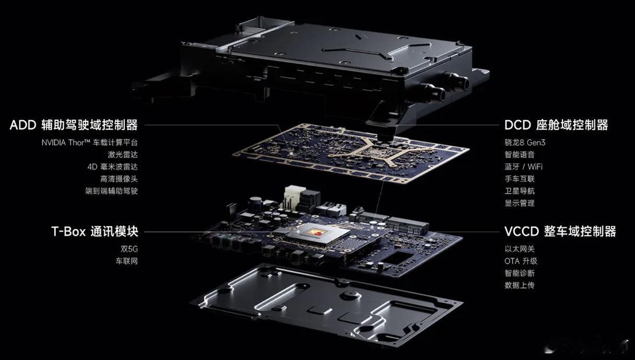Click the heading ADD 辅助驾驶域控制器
point(74,125)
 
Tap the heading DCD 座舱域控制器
point(556,125)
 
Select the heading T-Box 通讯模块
point(95,231)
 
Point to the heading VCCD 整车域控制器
point(560,231)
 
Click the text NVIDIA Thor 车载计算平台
point(90,143)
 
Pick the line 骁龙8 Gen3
point(525,143)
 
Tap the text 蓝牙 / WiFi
point(523,167)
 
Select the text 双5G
point(130,249)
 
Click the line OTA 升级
point(521,261)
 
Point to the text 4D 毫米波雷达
point(113,167)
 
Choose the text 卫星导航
point(520,191)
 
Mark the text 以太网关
point(520,249)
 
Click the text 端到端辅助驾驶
point(112,191)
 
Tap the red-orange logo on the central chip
point(317,233)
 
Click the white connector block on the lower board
point(292,197)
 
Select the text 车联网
point(127,261)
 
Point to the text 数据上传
point(520,285)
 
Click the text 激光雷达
point(123,155)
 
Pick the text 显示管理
point(520,203)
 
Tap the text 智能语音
point(520,155)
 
